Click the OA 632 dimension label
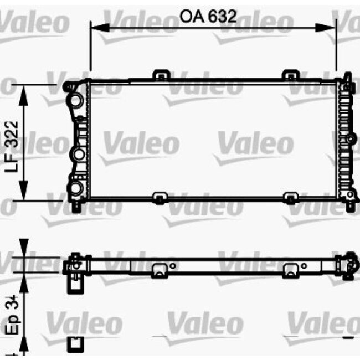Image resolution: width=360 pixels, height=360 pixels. tap(208, 16)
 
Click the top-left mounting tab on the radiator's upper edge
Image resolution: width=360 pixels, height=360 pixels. tap(161, 75)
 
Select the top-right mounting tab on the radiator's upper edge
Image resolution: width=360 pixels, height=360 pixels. tap(290, 75)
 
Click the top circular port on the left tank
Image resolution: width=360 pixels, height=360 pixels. tap(76, 100)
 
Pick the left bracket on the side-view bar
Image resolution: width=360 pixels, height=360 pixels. tap(160, 270)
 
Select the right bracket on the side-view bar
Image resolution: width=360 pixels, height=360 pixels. tap(290, 270)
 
